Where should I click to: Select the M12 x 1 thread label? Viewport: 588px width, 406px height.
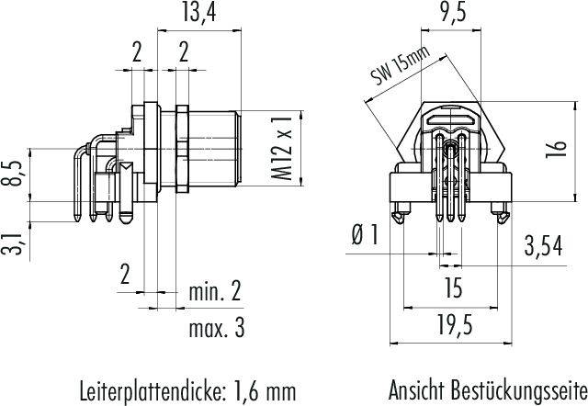(x=282, y=147)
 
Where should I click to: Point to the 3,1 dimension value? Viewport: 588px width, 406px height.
(x=14, y=243)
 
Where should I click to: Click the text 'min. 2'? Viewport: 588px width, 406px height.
(x=215, y=291)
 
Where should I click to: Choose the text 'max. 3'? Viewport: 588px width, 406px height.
(x=217, y=328)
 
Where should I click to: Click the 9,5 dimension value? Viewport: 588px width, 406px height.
(x=453, y=12)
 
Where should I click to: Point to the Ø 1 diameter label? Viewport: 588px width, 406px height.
(x=366, y=235)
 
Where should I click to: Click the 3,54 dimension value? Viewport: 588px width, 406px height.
(x=543, y=246)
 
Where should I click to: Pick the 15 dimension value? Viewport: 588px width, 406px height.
(x=453, y=288)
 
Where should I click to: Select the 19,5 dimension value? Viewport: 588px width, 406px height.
(x=455, y=324)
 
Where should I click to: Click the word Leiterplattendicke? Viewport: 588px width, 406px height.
(x=152, y=391)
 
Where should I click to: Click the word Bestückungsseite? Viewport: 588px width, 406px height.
(x=519, y=390)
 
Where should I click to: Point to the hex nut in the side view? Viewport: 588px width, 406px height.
(x=182, y=149)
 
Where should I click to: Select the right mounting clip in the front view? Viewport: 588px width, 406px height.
(x=501, y=213)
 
